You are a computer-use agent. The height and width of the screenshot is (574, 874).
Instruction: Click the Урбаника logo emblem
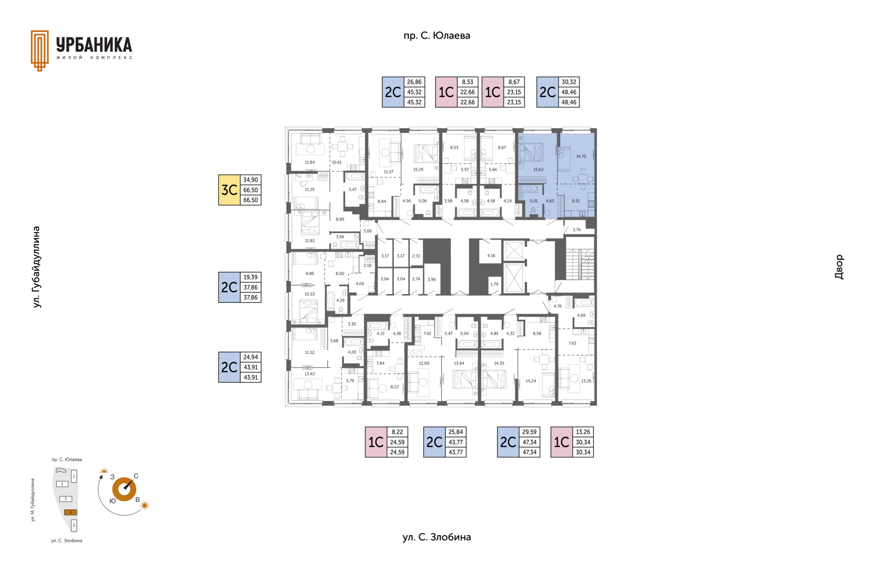(40, 51)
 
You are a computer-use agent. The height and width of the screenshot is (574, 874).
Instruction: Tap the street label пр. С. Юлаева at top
(437, 36)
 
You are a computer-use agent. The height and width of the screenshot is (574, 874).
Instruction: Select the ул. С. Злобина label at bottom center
(437, 537)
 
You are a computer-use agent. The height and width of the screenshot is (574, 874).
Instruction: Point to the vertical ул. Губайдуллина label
(36, 267)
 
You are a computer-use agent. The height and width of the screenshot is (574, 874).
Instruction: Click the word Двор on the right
(839, 267)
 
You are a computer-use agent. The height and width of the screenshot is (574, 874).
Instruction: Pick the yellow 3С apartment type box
(229, 190)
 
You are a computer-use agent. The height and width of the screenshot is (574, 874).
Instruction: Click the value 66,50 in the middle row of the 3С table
(250, 190)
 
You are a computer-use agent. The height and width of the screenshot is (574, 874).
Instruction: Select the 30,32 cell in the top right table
(569, 82)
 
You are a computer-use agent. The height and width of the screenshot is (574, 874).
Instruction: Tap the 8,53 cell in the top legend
(467, 82)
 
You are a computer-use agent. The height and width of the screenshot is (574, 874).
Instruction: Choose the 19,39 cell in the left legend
(250, 277)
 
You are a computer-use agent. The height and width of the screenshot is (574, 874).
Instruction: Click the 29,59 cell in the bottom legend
(529, 432)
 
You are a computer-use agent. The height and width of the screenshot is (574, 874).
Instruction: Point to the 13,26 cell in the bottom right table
(583, 432)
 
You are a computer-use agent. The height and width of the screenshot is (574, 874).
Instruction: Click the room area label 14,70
(581, 156)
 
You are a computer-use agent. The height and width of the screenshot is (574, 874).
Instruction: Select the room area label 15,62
(538, 169)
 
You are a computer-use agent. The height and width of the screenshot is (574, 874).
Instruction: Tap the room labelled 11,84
(310, 162)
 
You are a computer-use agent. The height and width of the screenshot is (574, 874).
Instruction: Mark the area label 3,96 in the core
(432, 279)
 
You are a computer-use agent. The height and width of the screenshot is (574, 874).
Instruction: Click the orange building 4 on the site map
(71, 512)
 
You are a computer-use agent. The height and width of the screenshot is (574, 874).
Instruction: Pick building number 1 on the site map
(74, 477)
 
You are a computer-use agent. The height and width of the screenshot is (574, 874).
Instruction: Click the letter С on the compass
(136, 476)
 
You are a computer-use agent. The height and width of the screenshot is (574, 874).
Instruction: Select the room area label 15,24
(531, 381)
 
